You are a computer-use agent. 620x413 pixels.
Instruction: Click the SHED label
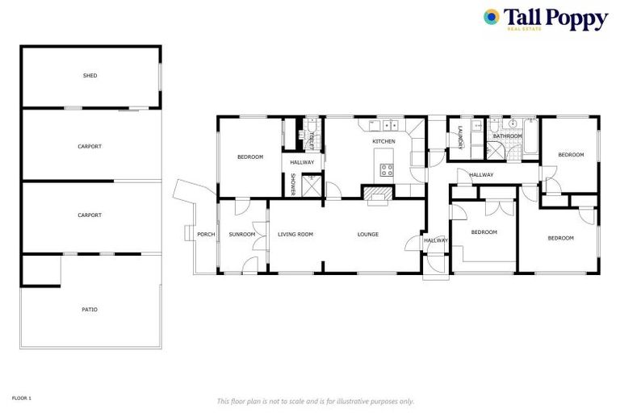[x=90, y=76]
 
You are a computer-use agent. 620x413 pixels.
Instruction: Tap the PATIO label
[x=90, y=309]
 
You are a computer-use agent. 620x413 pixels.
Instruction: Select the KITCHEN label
[x=383, y=142]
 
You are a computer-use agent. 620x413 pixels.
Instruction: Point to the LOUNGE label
[x=368, y=235]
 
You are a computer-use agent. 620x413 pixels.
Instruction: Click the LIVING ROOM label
[x=295, y=235]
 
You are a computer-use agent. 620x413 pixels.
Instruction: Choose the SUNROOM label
[x=241, y=235]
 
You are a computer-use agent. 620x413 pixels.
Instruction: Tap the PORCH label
[x=206, y=235]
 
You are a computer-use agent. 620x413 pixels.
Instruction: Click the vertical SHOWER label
[x=293, y=184]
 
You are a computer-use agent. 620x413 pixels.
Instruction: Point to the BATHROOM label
[x=508, y=136]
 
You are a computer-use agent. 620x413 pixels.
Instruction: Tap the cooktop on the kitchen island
[x=387, y=169]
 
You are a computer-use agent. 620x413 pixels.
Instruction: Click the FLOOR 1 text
[x=21, y=398]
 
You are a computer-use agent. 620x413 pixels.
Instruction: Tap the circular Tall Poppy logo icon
[x=491, y=17]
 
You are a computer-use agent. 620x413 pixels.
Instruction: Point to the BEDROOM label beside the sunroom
[x=250, y=156]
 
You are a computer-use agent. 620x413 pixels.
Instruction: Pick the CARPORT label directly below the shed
[x=90, y=146]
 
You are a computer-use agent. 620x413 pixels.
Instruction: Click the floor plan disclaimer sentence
[x=316, y=401]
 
